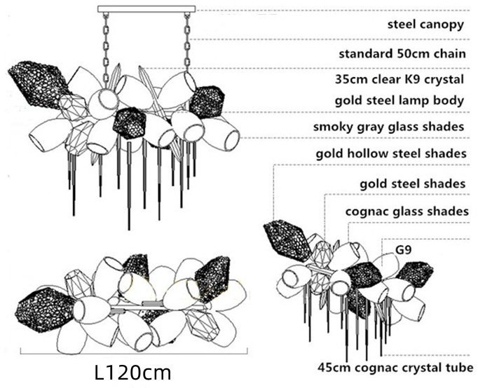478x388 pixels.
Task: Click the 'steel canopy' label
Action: tap(425, 25)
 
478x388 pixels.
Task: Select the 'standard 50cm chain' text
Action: tap(402, 54)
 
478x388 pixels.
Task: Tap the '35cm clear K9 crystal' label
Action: tap(400, 79)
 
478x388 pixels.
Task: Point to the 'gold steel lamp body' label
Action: tap(400, 101)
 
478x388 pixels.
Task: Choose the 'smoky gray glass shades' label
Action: tap(389, 127)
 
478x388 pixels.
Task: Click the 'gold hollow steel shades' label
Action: tap(391, 153)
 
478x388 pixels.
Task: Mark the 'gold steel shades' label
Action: tap(413, 184)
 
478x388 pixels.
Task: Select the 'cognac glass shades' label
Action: tap(407, 212)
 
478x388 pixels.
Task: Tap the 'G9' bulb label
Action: tap(403, 250)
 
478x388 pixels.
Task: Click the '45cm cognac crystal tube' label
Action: tap(395, 367)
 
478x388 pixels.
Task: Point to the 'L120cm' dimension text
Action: tap(133, 372)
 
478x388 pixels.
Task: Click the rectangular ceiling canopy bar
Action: tap(146, 9)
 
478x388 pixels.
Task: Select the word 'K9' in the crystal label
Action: tap(413, 79)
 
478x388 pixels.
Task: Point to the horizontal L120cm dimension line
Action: tap(134, 354)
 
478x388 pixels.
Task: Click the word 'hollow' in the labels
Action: tap(368, 153)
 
